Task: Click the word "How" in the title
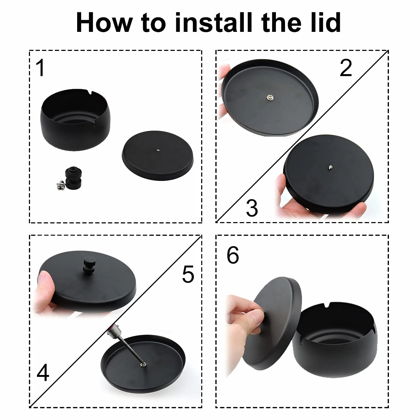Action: point(104,22)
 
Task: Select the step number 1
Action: point(40,68)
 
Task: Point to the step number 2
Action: point(346,68)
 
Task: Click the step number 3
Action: point(252,208)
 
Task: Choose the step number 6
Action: point(233,255)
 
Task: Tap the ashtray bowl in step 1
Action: point(75,120)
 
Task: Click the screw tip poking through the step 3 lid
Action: point(331,168)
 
